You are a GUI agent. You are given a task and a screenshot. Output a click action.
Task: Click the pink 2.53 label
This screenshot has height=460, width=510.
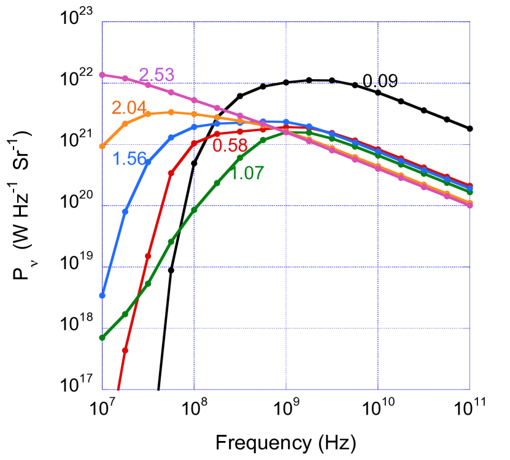point(156,75)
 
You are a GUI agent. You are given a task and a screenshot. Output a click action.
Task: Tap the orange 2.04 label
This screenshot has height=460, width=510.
point(128,108)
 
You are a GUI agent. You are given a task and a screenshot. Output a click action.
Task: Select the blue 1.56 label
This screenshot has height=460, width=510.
point(129,159)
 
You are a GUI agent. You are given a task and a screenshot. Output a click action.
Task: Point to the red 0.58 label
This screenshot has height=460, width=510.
point(230,146)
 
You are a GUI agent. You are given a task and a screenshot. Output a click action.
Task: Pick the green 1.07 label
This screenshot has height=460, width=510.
point(247,174)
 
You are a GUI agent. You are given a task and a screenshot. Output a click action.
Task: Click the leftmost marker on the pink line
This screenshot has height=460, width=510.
point(102,75)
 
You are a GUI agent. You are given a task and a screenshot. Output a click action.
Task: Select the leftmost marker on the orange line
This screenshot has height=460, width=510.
point(102,147)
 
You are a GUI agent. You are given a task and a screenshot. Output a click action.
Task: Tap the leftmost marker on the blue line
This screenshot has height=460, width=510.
point(102,295)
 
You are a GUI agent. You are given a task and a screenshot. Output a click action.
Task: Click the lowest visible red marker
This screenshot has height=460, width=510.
point(125,350)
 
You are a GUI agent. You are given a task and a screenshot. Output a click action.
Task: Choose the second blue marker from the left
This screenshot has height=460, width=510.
point(125,212)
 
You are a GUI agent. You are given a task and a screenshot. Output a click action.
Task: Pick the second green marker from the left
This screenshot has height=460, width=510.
point(125,314)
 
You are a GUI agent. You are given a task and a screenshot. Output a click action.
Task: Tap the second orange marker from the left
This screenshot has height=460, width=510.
point(125,123)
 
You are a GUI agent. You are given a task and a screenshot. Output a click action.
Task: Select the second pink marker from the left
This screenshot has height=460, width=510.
point(125,79)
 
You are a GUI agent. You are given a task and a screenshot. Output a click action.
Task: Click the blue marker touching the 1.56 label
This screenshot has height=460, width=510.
point(148,163)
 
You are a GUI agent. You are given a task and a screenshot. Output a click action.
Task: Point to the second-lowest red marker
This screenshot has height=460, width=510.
point(148,255)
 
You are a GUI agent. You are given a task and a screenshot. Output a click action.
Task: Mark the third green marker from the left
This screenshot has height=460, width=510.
point(148,283)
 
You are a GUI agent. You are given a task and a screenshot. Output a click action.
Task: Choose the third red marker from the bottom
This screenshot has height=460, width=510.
point(171,173)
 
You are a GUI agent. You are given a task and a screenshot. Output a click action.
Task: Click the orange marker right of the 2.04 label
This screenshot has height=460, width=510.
point(148,113)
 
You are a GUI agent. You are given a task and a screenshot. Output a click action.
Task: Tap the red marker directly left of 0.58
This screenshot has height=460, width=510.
point(194,143)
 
